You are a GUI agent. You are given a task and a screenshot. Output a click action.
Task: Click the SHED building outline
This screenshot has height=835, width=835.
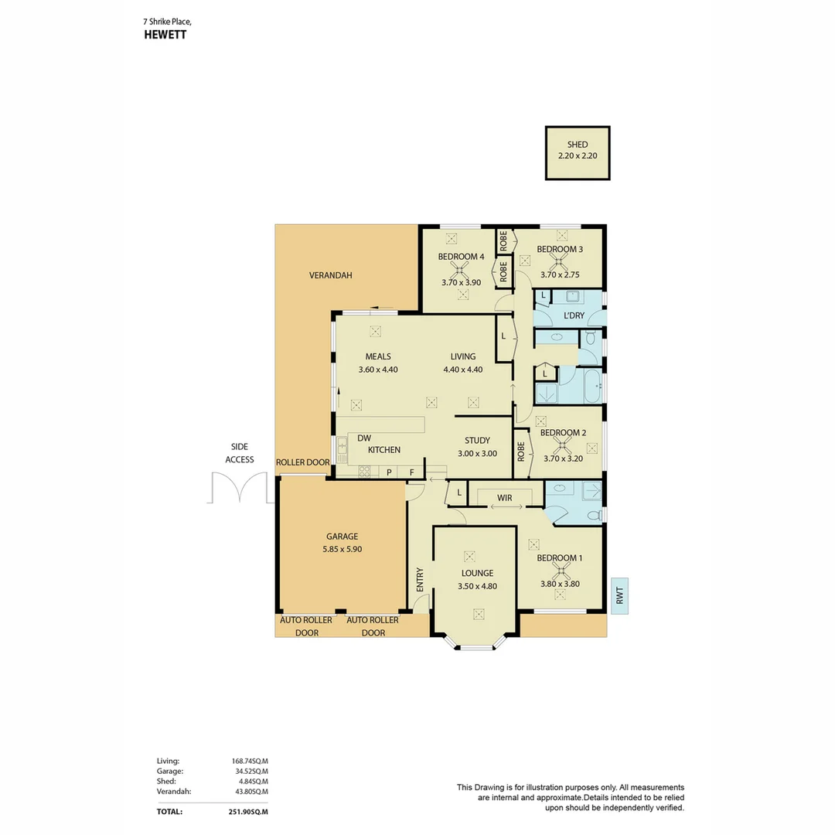pos(577,153)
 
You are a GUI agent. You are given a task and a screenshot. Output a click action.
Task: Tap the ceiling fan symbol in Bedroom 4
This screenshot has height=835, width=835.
pos(461,270)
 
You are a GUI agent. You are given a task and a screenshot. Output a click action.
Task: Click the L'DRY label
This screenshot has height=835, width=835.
pos(574,315)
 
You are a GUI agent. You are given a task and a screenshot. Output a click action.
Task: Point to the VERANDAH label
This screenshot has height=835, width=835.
pos(330,275)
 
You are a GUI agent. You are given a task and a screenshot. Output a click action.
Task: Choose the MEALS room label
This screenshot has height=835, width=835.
pos(378,356)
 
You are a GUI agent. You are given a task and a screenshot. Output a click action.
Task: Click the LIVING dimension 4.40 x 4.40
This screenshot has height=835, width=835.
pos(462,370)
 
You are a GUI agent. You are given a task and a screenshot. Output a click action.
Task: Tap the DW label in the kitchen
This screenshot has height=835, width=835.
pos(363,438)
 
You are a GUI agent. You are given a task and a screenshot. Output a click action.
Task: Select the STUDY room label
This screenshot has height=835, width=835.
pos(477,441)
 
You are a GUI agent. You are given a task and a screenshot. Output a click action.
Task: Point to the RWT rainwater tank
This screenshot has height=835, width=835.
pos(619,596)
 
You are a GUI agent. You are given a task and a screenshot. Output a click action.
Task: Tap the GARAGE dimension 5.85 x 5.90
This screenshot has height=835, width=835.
pos(342,549)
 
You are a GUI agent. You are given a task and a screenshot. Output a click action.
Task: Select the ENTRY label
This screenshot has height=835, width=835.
pos(420,580)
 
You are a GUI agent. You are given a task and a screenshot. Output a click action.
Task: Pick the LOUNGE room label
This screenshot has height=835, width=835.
pos(477,573)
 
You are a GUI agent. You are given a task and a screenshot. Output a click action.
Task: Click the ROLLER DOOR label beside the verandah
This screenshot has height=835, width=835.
pos(302,462)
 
